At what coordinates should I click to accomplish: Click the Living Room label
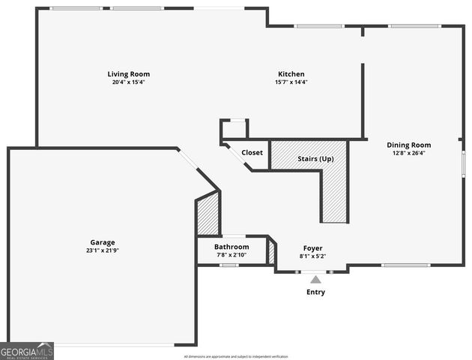pyautogui.click(x=128, y=74)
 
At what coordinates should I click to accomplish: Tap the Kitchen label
pyautogui.click(x=291, y=74)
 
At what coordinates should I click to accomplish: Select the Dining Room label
pyautogui.click(x=408, y=145)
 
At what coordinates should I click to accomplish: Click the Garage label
pyautogui.click(x=103, y=242)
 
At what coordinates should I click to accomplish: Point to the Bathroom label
pyautogui.click(x=232, y=247)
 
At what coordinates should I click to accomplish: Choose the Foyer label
pyautogui.click(x=312, y=248)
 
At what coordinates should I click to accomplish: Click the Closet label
pyautogui.click(x=252, y=152)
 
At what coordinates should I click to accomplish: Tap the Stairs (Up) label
pyautogui.click(x=315, y=159)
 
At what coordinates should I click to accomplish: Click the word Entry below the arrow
pyautogui.click(x=315, y=292)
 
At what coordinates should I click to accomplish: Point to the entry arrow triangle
pyautogui.click(x=315, y=280)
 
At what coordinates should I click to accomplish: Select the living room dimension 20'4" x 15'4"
pyautogui.click(x=128, y=82)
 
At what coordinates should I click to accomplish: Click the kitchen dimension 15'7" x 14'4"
pyautogui.click(x=291, y=82)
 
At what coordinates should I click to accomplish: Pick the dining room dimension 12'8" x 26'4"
pyautogui.click(x=408, y=153)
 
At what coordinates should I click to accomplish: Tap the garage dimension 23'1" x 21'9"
pyautogui.click(x=103, y=250)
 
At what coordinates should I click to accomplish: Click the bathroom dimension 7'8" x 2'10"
pyautogui.click(x=232, y=255)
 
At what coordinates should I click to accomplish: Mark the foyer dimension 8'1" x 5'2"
pyautogui.click(x=312, y=256)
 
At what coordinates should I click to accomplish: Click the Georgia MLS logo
pyautogui.click(x=27, y=351)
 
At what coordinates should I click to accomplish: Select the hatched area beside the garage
pyautogui.click(x=208, y=214)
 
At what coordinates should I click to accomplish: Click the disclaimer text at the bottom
pyautogui.click(x=236, y=356)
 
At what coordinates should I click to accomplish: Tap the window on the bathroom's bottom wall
pyautogui.click(x=229, y=265)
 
